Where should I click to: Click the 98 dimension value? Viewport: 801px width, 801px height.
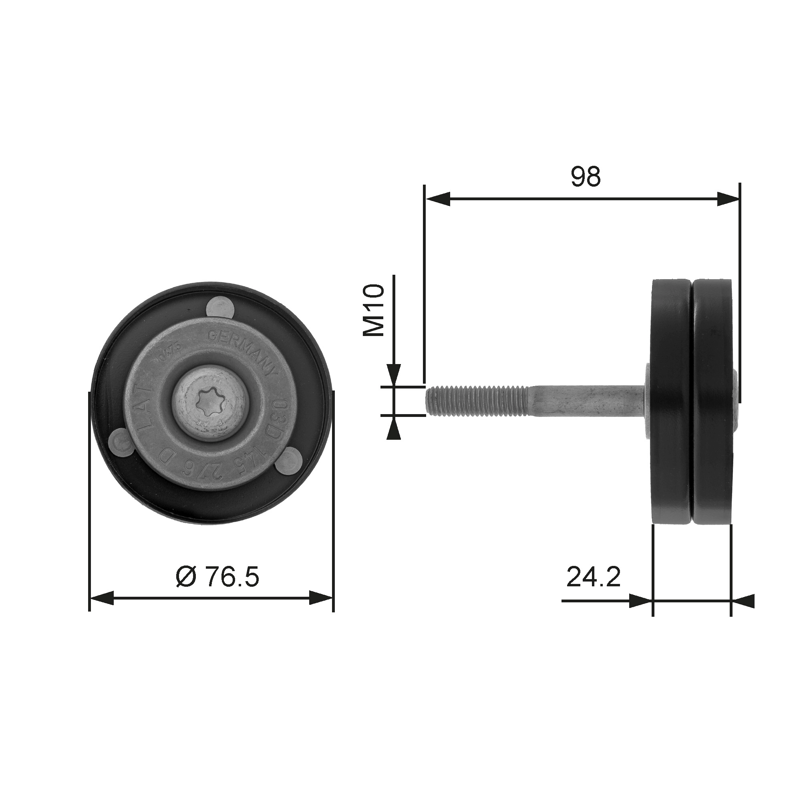(586, 177)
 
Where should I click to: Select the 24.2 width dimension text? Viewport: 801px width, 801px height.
(593, 577)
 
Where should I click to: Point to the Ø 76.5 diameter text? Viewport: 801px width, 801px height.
(217, 577)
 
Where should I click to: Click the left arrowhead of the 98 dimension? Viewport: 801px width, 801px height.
(438, 199)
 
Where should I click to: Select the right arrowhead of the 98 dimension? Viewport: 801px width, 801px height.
(728, 199)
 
